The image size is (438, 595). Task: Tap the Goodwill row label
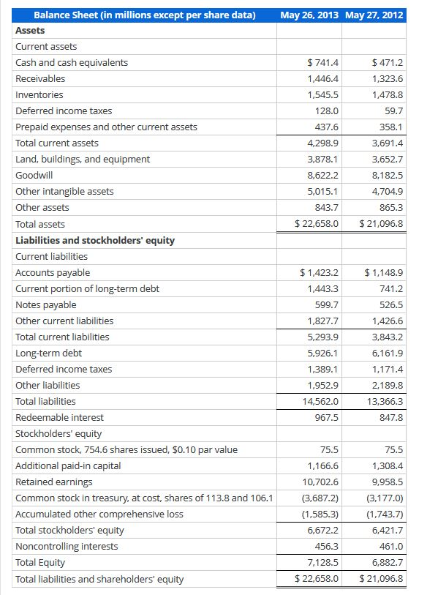pos(34,176)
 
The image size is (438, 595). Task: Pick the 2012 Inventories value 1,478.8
pos(388,95)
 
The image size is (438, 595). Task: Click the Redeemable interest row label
pos(59,417)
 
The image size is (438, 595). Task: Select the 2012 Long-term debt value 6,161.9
pos(388,353)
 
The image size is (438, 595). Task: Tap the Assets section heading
pos(30,31)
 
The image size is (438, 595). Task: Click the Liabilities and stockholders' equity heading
pos(95,240)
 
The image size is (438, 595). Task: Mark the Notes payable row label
pos(45,304)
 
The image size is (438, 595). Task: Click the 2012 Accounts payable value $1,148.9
pos(384,272)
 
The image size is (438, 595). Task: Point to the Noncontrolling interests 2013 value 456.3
pos(325,546)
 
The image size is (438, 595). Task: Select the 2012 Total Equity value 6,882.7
pos(388,562)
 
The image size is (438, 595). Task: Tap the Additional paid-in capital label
pos(68,465)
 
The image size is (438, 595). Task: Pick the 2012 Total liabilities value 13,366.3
pos(385,401)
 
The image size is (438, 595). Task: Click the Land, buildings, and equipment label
pos(83,160)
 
